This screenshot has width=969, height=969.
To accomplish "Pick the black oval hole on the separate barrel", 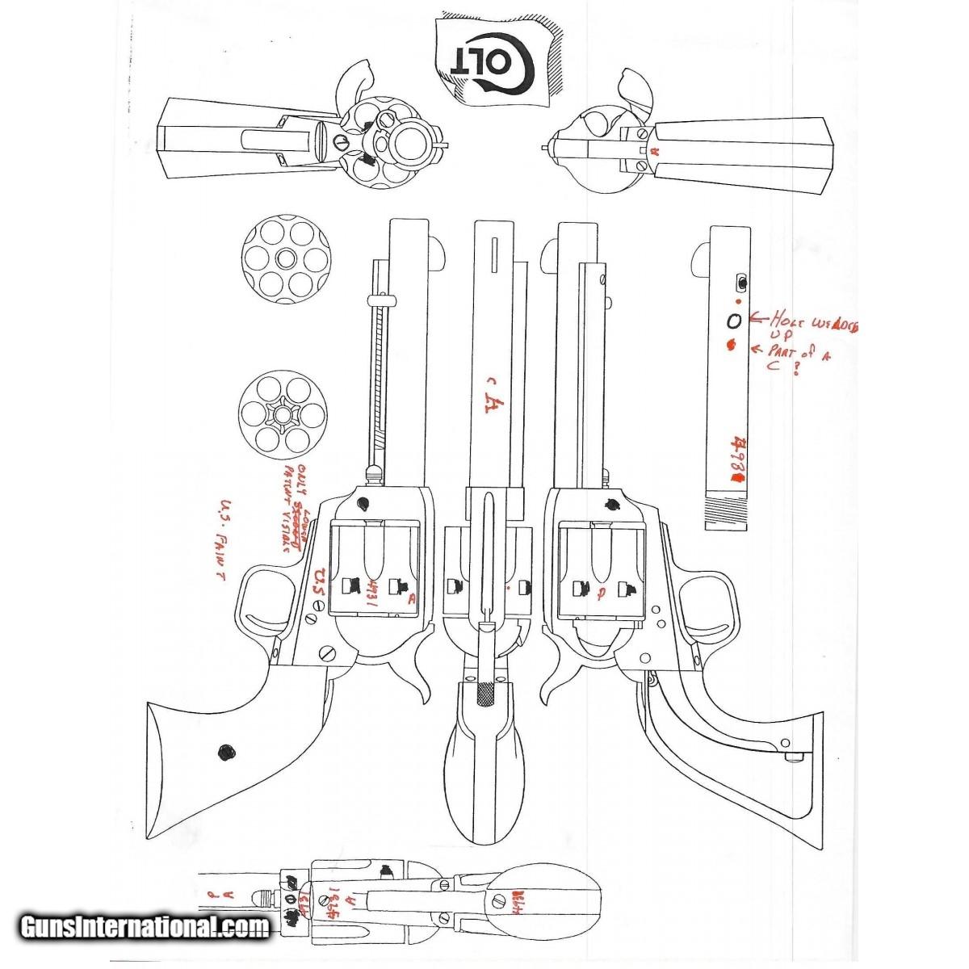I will (733, 321).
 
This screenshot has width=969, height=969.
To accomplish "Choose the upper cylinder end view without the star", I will (286, 258).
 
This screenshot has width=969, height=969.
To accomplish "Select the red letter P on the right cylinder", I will (598, 597).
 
